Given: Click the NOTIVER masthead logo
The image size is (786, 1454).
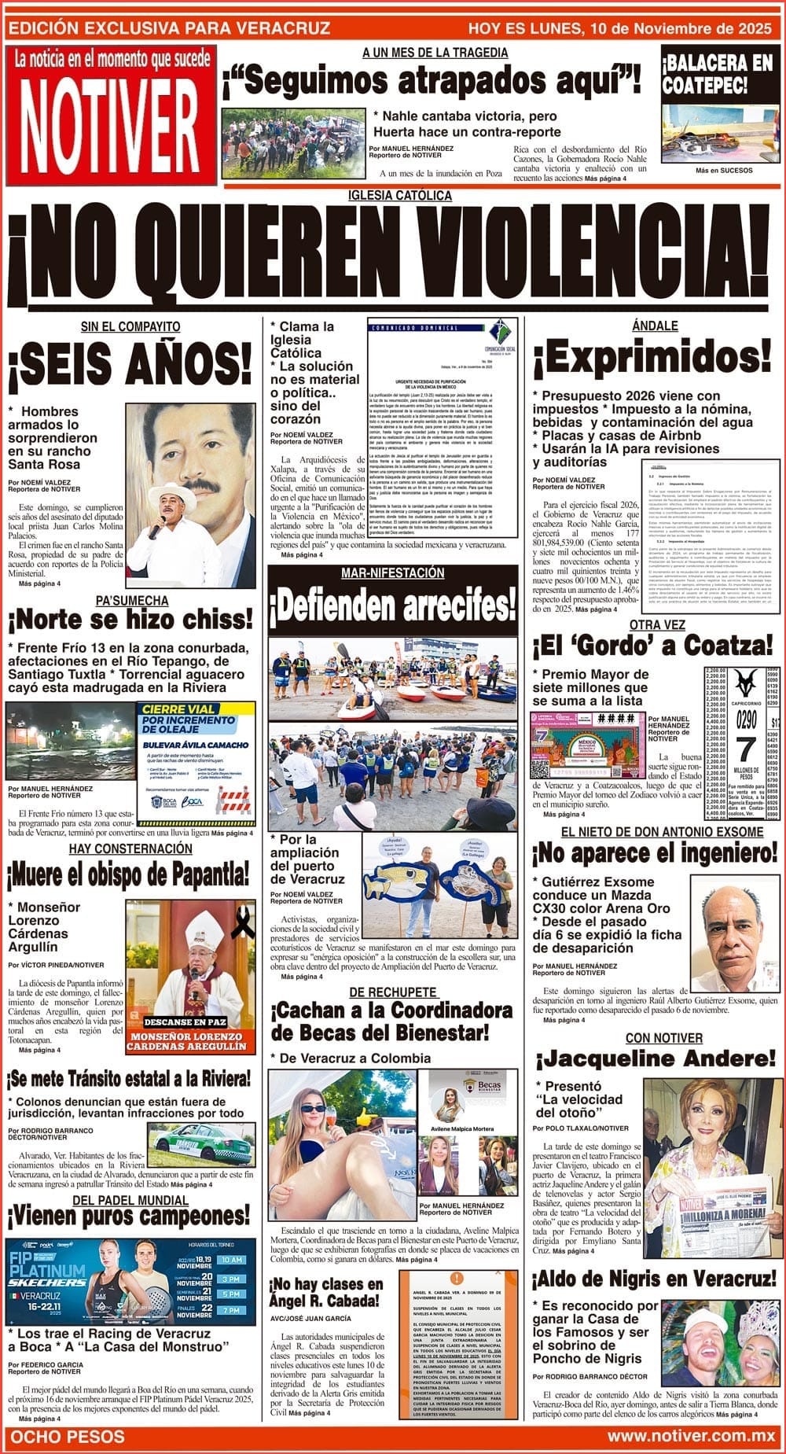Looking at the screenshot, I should [110, 126].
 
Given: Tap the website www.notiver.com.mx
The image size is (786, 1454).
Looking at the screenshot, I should [691, 1437].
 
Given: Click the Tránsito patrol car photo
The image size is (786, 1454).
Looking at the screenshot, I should [204, 1144].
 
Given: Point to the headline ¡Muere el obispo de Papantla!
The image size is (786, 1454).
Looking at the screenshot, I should [128, 874].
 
